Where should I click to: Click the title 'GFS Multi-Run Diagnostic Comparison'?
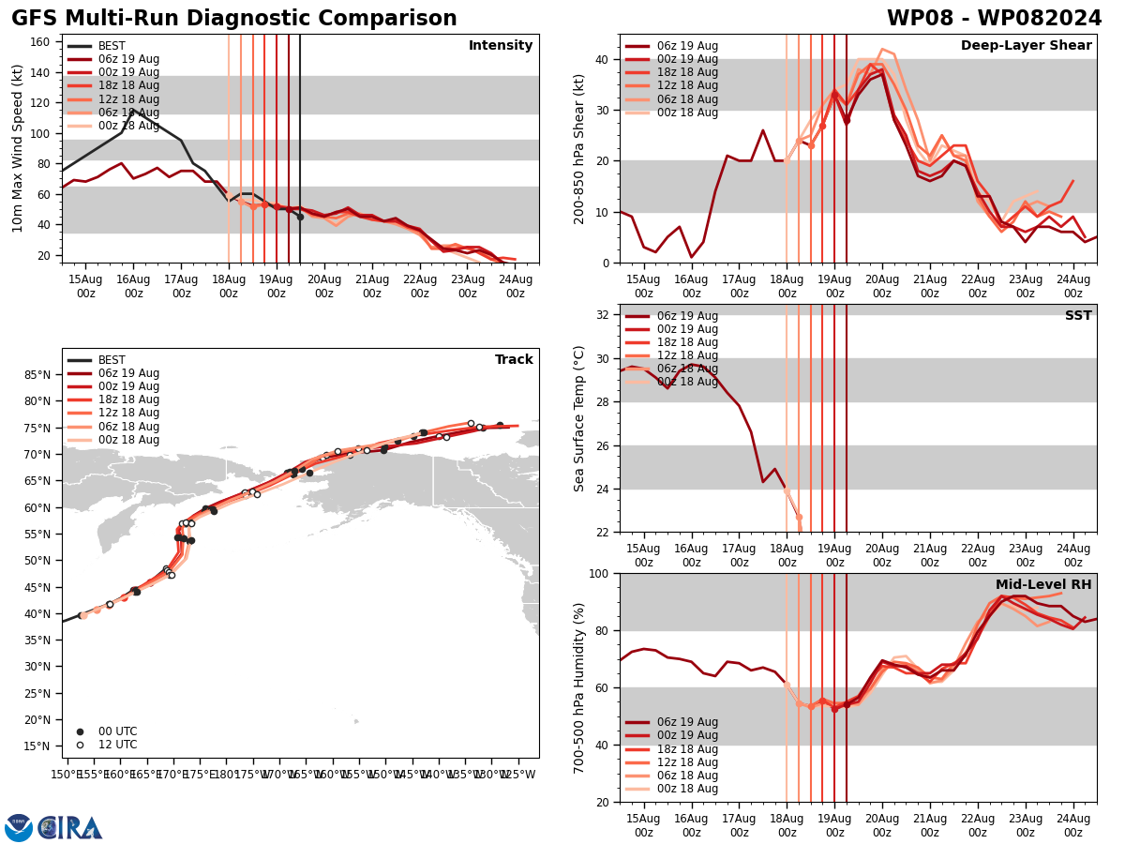234,19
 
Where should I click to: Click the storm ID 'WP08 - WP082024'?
994,19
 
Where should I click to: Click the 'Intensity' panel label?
501,46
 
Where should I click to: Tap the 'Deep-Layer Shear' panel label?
1026,46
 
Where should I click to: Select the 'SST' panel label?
1078,316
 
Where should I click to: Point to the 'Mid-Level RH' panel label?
1043,585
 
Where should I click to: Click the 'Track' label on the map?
514,360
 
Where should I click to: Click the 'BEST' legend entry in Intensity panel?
112,46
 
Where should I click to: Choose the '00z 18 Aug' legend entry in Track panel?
128,440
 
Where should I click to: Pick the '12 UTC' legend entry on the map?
117,745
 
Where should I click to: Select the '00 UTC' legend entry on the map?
117,731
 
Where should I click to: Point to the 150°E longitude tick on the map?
67,775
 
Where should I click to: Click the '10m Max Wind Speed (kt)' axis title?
18,148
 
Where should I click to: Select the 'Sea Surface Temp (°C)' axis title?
579,418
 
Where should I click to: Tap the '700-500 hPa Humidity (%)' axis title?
579,687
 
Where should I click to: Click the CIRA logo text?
70,828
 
